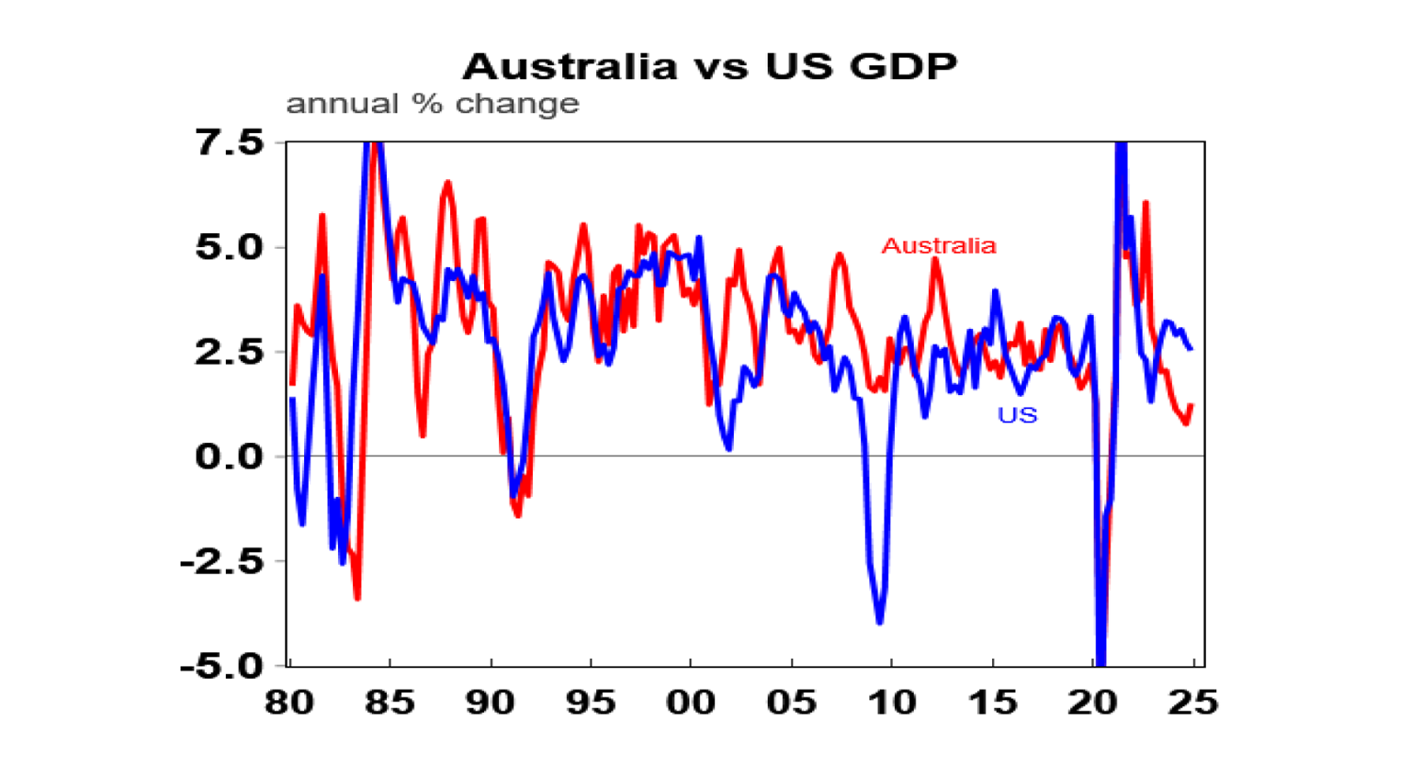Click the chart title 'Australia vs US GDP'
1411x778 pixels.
(709, 66)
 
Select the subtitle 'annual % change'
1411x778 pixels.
(432, 104)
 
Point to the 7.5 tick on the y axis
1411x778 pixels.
(229, 142)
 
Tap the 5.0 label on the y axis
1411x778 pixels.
(229, 247)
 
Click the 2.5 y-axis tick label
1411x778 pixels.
(229, 352)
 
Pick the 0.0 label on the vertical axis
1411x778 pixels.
(229, 457)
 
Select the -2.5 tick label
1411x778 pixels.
(221, 561)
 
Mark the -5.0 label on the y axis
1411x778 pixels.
(221, 666)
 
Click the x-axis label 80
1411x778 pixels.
(289, 703)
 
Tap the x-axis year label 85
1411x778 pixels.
(389, 703)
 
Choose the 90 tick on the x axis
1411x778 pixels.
(490, 703)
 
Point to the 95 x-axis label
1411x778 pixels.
(590, 703)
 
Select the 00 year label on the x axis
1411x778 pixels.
(690, 703)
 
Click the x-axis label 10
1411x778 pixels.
(891, 703)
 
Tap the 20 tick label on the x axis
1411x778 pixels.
(1092, 703)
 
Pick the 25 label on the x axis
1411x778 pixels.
(1192, 703)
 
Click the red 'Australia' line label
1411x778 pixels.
(938, 245)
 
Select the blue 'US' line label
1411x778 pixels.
(1017, 415)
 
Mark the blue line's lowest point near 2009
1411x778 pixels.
(880, 623)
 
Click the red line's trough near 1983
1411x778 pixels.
(357, 599)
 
